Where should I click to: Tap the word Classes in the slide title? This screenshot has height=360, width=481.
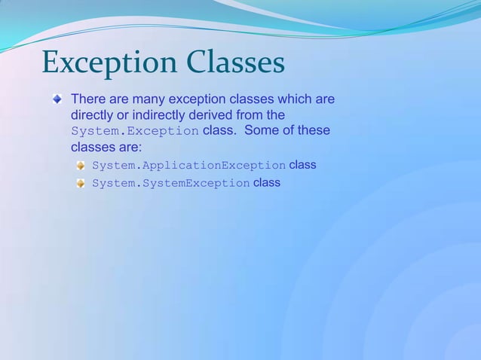[x=233, y=63]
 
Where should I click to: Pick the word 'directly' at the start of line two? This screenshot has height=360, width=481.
[x=92, y=115]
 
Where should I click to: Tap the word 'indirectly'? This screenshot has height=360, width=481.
[x=161, y=115]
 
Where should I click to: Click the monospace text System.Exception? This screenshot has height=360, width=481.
[x=134, y=131]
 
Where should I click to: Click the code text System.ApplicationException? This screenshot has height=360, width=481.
[x=188, y=166]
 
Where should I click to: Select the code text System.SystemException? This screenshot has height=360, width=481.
[x=170, y=183]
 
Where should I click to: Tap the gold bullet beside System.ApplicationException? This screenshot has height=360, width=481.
[x=80, y=166]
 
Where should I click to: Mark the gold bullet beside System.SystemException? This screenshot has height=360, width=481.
[x=80, y=183]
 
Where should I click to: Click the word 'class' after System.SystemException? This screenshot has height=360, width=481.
[x=267, y=182]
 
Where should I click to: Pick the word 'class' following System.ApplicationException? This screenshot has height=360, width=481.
[x=302, y=165]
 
